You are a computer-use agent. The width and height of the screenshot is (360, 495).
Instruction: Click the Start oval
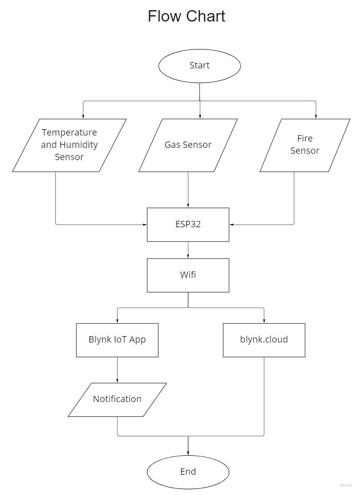coord(199,65)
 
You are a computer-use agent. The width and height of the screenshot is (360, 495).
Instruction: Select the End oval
coord(188,471)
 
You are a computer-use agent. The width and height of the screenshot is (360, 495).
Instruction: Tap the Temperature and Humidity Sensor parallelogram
coord(69,145)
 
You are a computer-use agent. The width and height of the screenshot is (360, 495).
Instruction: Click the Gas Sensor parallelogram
coord(188,145)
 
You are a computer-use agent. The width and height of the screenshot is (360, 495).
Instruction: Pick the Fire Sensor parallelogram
coord(305,145)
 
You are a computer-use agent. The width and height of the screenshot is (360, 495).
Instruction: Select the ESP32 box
coord(188,224)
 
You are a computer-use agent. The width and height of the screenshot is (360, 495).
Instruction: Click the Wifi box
coord(188,275)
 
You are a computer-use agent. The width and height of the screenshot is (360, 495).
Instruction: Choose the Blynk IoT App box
coord(117,340)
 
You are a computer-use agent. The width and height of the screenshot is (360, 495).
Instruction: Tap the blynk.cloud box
coord(264,340)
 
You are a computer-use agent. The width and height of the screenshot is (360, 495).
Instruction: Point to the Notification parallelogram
coord(117,399)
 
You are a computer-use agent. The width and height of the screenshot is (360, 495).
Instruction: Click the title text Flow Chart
coord(186,16)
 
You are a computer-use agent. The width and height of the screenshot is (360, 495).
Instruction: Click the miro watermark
coord(346,485)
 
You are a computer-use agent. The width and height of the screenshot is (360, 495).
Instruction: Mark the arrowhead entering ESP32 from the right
coord(232,224)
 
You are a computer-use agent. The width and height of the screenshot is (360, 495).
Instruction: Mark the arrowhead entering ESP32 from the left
coord(145,224)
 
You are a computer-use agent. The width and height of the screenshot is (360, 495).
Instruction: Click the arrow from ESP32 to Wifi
coord(188,250)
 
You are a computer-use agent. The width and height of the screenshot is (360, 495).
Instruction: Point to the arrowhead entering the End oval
coord(188,453)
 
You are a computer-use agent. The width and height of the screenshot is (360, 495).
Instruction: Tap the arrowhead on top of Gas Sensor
coord(200,117)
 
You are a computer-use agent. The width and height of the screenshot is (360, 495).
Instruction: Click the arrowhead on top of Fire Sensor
coord(316,117)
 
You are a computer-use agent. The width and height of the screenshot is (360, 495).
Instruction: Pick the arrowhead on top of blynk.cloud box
coord(264,321)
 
